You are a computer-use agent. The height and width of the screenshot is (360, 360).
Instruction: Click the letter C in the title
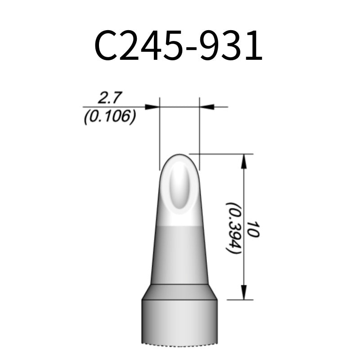106,46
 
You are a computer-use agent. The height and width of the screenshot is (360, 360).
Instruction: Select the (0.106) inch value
110,117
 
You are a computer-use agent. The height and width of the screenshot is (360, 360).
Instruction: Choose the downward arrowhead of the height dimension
243,292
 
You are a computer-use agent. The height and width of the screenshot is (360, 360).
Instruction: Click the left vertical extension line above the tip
160,135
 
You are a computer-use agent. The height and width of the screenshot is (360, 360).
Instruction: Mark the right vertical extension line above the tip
199,135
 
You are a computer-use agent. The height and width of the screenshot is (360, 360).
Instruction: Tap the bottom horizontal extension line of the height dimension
238,299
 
